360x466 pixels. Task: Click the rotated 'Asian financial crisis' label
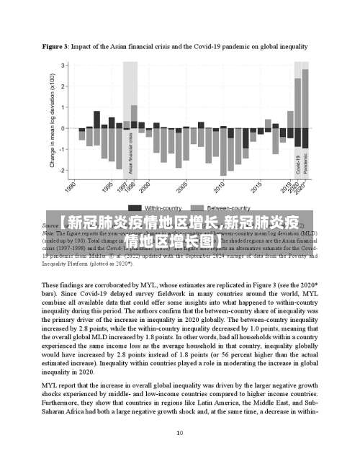[130, 153]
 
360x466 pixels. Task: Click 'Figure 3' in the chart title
[56, 46]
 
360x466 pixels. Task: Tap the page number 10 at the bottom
[179, 433]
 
